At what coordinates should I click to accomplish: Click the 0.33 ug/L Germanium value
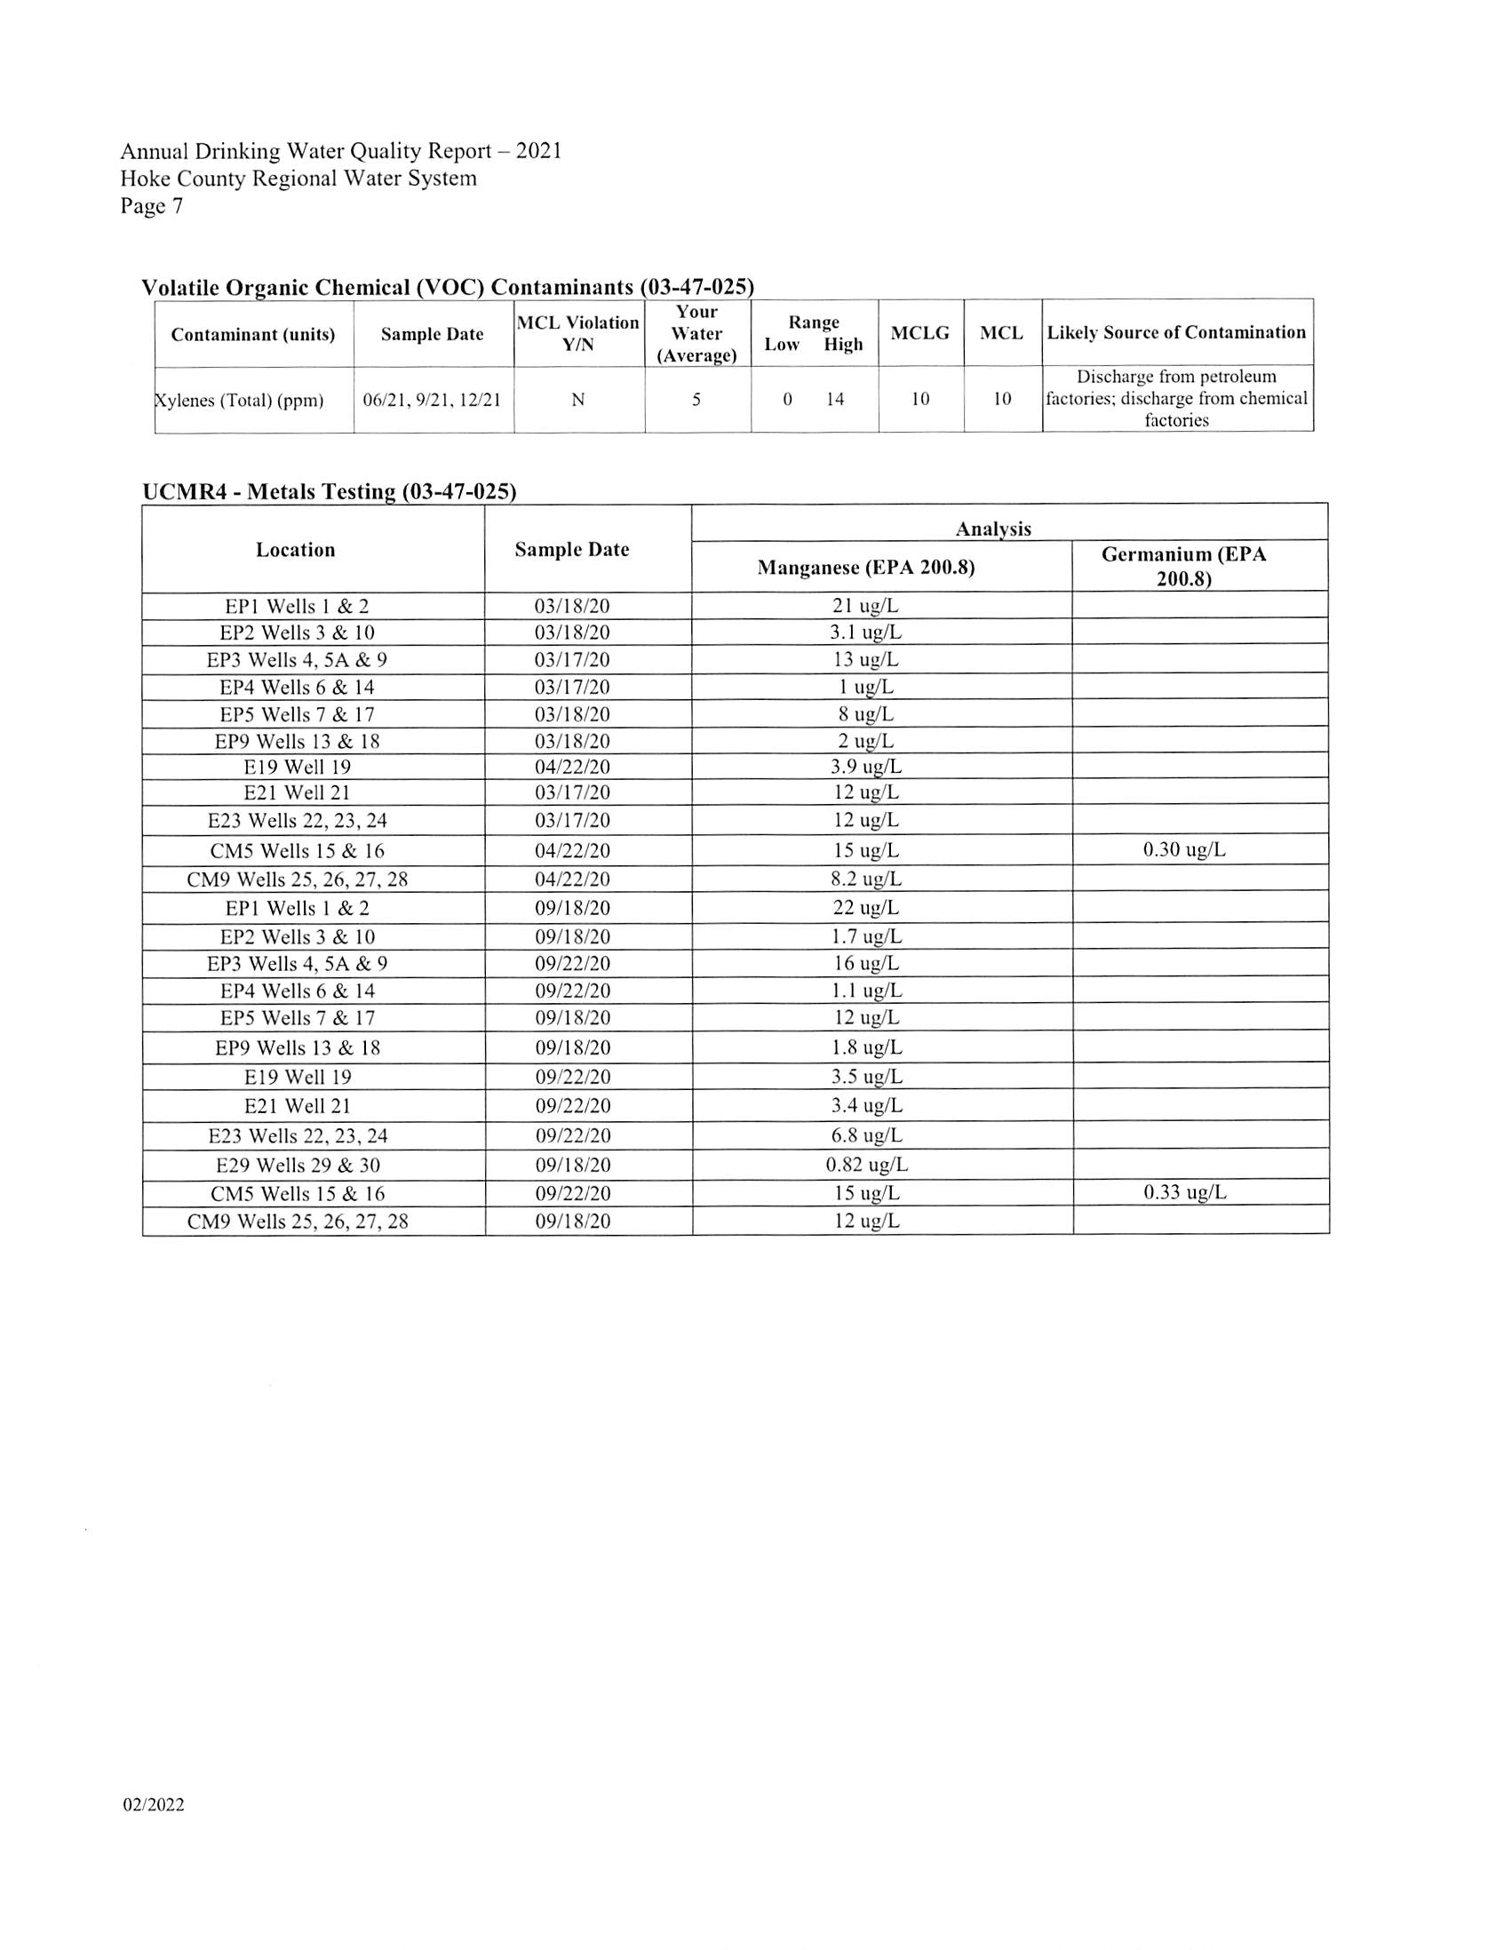tap(1184, 1192)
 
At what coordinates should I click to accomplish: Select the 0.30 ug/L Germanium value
tap(1183, 849)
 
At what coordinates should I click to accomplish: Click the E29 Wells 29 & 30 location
tap(298, 1165)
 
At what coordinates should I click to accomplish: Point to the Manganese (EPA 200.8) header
tap(865, 567)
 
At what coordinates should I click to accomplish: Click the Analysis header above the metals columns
tap(993, 529)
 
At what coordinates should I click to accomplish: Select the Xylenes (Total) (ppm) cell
tap(240, 400)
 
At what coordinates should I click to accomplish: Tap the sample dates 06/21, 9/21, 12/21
tap(432, 400)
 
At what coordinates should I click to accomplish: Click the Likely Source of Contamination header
tap(1175, 332)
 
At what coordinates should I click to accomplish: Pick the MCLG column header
tap(919, 333)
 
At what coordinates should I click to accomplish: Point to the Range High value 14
tap(834, 399)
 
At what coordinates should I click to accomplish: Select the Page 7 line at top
tap(152, 207)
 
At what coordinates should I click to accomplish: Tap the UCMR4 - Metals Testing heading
tap(330, 491)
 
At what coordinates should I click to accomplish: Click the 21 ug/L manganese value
tap(865, 607)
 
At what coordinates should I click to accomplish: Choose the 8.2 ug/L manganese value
tap(865, 879)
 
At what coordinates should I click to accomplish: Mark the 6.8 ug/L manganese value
tap(866, 1135)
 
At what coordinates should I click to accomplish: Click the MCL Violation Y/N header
tap(578, 333)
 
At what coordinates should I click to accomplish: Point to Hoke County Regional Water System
tap(298, 179)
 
